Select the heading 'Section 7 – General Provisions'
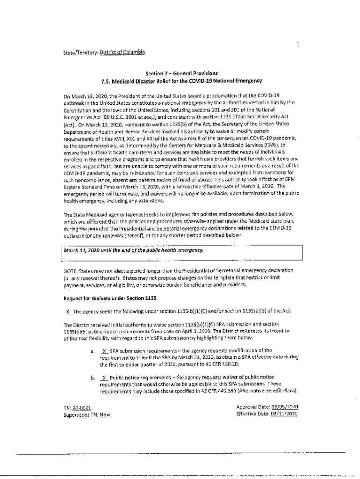pos(181,73)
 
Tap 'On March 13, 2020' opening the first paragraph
pos(85,94)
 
